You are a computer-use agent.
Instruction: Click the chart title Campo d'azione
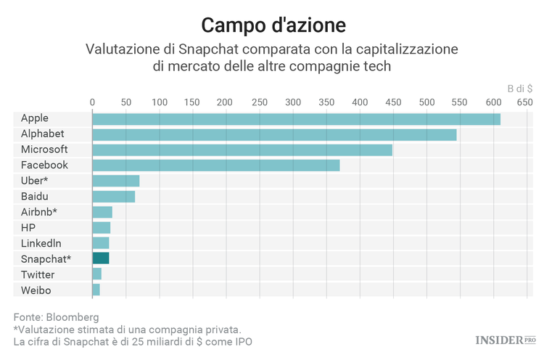tap(273, 25)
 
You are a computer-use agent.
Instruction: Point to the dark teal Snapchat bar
tap(100, 258)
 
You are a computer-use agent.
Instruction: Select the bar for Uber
tap(115, 181)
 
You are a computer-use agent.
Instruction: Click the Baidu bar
tap(113, 196)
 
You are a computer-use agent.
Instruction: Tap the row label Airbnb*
tap(39, 212)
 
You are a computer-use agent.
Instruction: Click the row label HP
tap(28, 227)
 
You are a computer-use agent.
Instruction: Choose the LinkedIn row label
tap(41, 243)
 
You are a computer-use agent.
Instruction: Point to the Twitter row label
tap(38, 274)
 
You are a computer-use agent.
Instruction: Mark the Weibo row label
tap(36, 290)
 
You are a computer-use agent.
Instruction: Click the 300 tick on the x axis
tap(292, 103)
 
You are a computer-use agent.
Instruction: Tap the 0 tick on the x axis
tap(92, 103)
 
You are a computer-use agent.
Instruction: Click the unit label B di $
tap(520, 88)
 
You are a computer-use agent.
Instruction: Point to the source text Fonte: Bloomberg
tap(56, 317)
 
